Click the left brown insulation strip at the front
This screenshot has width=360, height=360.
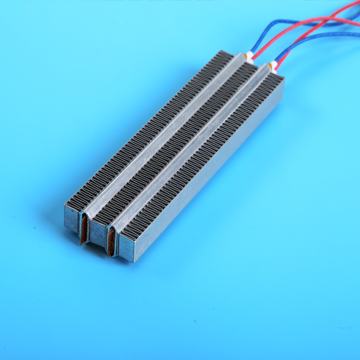coord(84,229)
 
